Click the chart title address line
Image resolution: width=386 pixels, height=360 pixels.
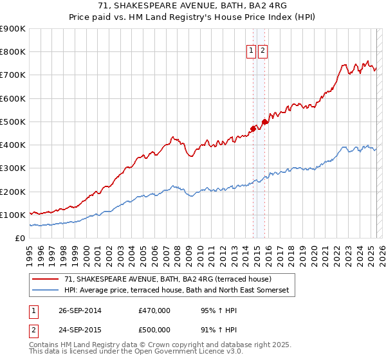[193, 6]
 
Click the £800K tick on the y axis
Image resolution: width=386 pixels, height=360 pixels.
[13, 52]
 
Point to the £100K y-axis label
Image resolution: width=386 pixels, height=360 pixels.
[13, 215]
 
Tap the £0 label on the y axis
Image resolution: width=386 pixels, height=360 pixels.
[19, 238]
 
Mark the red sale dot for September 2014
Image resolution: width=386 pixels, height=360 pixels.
[253, 129]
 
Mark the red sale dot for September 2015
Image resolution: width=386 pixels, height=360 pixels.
[264, 122]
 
